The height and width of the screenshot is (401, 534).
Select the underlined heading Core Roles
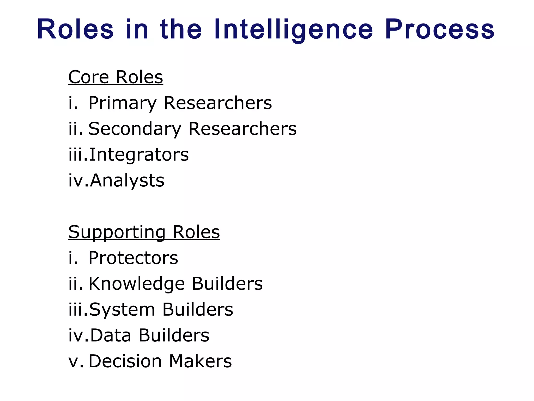[x=116, y=77]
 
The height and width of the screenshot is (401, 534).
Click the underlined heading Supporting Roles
[x=144, y=232]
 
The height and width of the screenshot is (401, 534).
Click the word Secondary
[x=135, y=129]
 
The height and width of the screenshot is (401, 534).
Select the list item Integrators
[x=139, y=155]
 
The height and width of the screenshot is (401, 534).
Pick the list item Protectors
[x=133, y=258]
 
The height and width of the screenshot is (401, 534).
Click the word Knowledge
[x=137, y=284]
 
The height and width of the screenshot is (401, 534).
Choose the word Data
[x=111, y=335]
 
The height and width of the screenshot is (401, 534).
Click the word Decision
[x=125, y=361]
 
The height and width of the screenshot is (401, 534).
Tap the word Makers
[x=200, y=361]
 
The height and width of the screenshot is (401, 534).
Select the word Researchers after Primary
[x=218, y=103]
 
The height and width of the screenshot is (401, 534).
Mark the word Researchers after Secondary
[x=242, y=129]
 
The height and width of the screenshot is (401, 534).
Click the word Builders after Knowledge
[x=227, y=284]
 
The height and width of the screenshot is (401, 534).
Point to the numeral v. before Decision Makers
[x=76, y=361]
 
